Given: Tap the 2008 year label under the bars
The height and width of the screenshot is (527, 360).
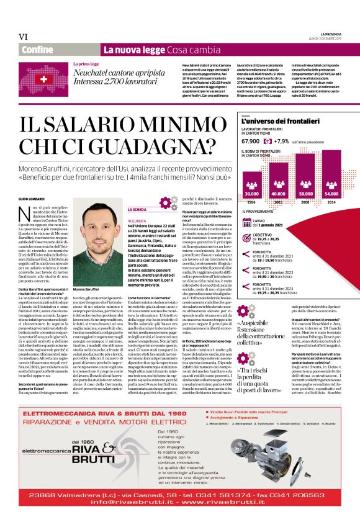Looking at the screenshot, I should [305, 202].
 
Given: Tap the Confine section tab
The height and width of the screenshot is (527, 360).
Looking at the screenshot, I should [37, 49].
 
